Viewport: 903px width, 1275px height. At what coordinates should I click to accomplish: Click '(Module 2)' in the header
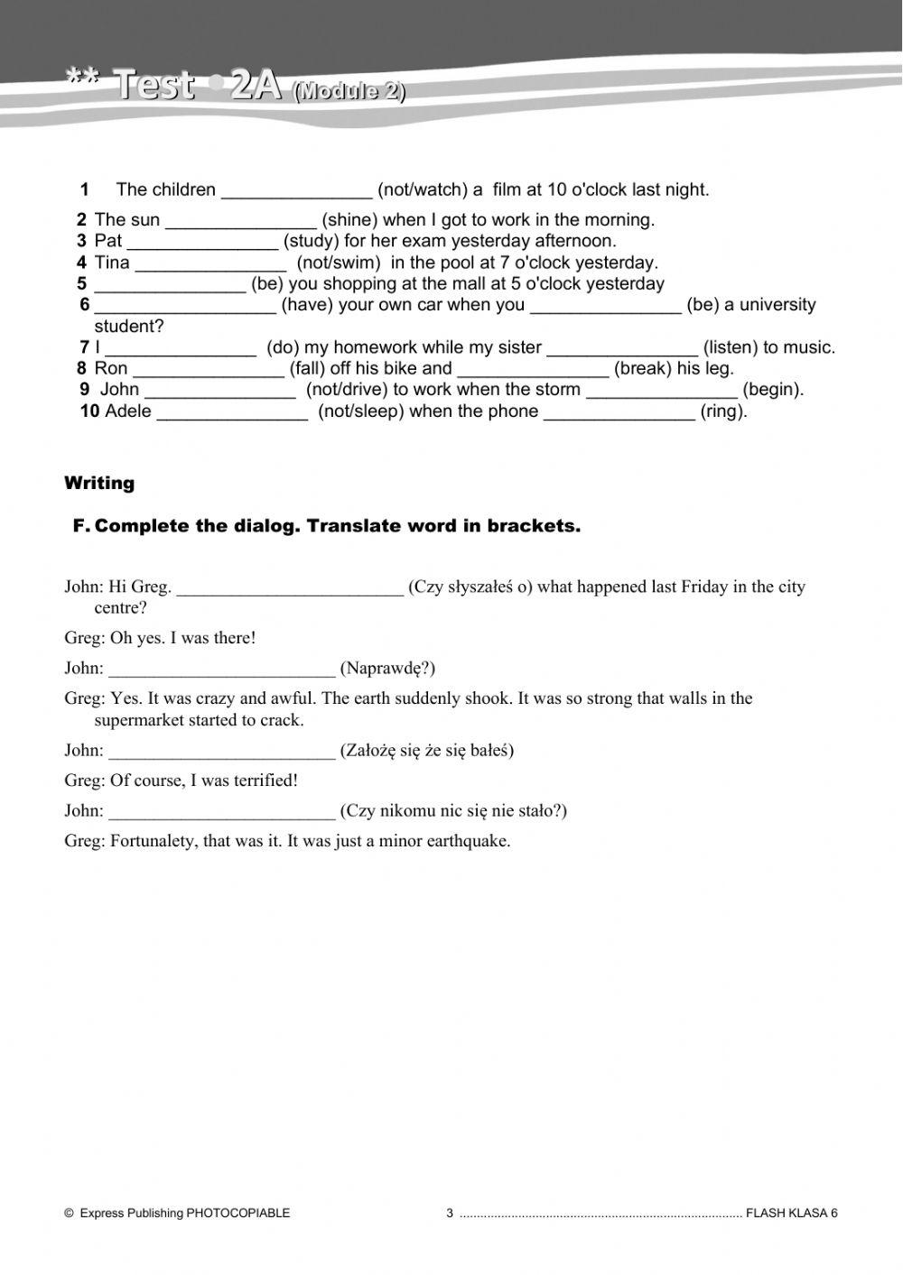coord(349,91)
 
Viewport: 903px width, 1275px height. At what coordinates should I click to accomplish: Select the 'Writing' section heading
coord(99,484)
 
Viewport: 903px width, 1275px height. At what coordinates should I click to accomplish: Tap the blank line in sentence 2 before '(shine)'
coord(241,221)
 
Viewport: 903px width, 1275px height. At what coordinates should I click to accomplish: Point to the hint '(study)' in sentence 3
coord(311,242)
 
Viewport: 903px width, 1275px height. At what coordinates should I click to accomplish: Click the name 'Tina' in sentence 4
coord(112,263)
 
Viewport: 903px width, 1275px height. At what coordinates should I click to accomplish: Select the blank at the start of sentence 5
coord(170,285)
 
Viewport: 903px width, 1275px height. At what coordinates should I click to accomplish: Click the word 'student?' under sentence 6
coord(129,327)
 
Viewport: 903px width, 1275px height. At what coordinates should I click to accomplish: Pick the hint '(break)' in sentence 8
coord(642,369)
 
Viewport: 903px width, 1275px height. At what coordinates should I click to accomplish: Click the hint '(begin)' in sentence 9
coord(772,390)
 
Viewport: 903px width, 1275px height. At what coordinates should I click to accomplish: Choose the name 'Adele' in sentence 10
coord(128,412)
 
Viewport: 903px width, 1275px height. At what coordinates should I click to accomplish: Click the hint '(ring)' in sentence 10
coord(723,412)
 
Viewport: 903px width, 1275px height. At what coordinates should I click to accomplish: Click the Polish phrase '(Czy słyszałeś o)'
coord(470,587)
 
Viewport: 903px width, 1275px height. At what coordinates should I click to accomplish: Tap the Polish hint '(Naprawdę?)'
coord(387,669)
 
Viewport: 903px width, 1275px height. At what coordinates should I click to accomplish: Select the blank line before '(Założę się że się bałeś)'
coord(221,752)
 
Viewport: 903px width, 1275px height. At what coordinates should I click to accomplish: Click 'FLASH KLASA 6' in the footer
coord(792,1214)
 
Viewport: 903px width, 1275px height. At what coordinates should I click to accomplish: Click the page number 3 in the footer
coord(450,1214)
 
